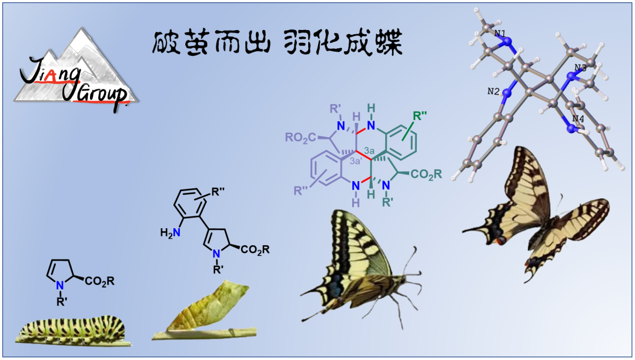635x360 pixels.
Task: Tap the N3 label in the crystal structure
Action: tap(580, 68)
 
